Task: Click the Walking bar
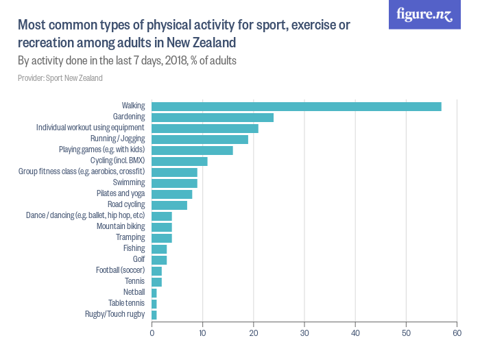[x=296, y=106]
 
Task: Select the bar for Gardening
[x=213, y=117]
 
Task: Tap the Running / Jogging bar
[x=200, y=139]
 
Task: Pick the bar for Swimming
[x=174, y=183]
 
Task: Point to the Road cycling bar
[x=169, y=205]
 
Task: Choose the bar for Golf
[x=159, y=260]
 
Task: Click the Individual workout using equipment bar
[x=205, y=128]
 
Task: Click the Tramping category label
[x=130, y=237]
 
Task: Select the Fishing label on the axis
[x=134, y=248]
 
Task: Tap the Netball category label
[x=134, y=292]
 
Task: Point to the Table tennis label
[x=126, y=303]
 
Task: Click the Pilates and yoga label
[x=121, y=193]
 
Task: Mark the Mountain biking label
[x=121, y=226]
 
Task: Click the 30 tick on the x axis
[x=304, y=333]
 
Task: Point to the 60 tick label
[x=457, y=333]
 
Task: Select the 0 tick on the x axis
[x=152, y=333]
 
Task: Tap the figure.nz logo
[x=424, y=14]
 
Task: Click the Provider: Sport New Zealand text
[x=60, y=78]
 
